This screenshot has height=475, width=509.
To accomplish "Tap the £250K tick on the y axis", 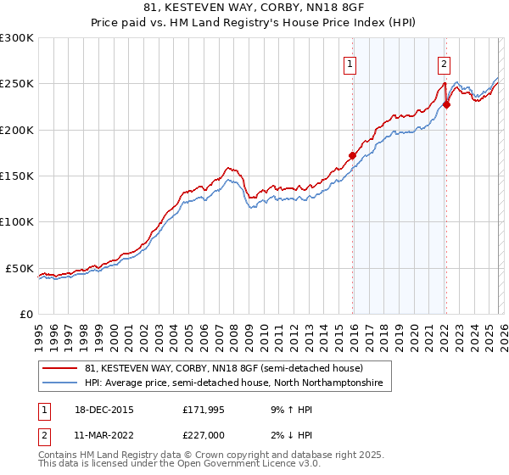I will [x=16, y=84].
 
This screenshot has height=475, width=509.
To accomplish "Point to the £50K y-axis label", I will [x=20, y=268].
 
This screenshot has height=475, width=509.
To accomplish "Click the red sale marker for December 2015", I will [x=352, y=155].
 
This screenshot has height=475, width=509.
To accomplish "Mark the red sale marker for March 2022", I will [x=446, y=105].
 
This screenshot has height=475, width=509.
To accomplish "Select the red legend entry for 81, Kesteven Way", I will [x=224, y=368].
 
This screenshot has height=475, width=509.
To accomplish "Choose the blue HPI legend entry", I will [x=233, y=383].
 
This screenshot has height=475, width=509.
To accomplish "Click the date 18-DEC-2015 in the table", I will [x=105, y=409].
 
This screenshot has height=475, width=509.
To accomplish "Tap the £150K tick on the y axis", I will [x=16, y=176].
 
